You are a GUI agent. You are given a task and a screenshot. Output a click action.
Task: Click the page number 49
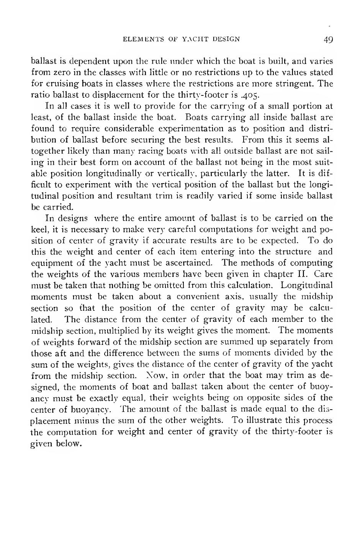click(x=328, y=39)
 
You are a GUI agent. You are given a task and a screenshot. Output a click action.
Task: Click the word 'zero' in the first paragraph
click(x=55, y=72)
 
